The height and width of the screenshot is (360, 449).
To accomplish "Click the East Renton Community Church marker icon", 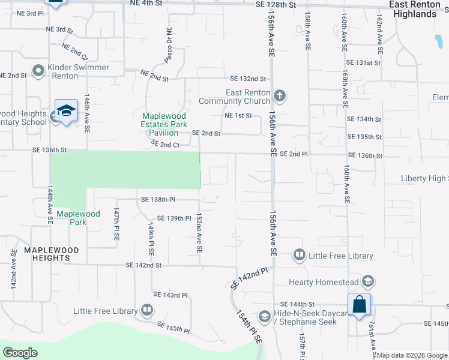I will click(x=279, y=96).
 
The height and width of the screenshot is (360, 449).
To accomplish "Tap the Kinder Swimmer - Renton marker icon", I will click(x=39, y=71).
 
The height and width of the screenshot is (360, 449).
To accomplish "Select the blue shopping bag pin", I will click(x=359, y=305).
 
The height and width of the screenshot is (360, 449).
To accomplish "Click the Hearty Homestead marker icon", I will click(x=367, y=281).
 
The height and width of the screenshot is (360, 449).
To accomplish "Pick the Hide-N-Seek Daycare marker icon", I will click(x=264, y=316).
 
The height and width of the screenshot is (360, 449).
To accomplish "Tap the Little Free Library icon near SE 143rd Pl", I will click(x=146, y=310).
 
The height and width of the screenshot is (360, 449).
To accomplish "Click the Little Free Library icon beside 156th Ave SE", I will click(x=299, y=256).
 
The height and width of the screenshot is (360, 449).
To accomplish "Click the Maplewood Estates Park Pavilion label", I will click(x=164, y=124).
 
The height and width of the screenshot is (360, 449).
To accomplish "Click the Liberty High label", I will click(x=424, y=179).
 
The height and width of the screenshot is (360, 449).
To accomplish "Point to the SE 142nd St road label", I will click(x=143, y=265).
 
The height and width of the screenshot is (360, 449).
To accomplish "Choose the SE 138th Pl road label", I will click(x=158, y=199).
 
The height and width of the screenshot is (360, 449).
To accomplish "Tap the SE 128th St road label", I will click(x=276, y=5).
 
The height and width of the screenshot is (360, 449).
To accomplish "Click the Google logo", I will click(x=20, y=353).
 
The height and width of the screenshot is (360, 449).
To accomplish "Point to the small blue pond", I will click(x=436, y=41).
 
